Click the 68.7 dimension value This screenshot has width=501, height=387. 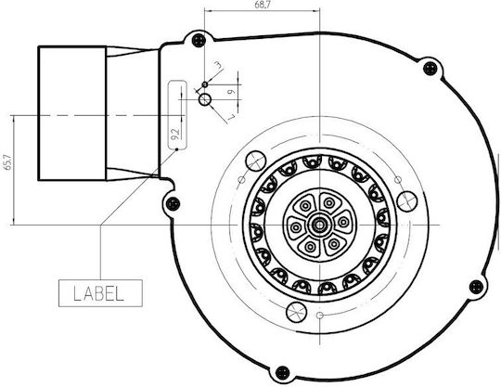click(261, 5)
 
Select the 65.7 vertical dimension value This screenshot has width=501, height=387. click(7, 162)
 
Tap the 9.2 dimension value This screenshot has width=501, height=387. click(174, 134)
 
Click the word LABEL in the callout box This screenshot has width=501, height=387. click(98, 293)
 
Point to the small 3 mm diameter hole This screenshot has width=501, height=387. click(205, 84)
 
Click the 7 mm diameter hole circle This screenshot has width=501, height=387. click(205, 99)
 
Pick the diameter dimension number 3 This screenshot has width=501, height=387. click(218, 65)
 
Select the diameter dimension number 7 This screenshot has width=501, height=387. click(231, 117)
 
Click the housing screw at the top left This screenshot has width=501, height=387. click(199, 40)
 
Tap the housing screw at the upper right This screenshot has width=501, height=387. click(430, 68)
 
